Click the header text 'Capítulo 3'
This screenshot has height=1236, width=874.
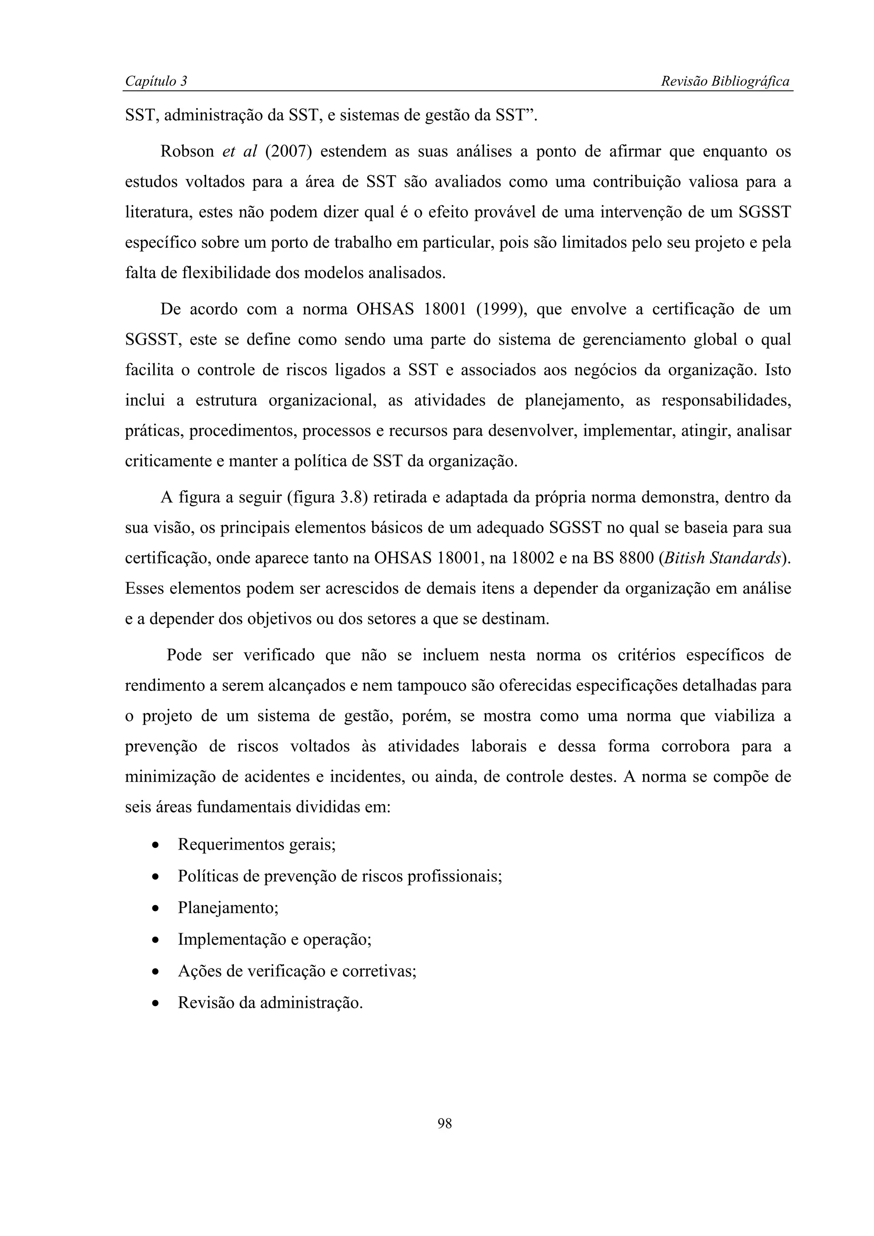156,81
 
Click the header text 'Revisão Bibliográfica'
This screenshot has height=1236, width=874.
725,81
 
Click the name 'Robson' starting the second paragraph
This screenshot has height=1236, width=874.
187,152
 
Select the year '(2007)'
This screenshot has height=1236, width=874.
288,152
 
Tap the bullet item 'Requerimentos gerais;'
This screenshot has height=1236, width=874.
256,844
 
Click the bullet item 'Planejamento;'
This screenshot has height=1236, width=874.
228,908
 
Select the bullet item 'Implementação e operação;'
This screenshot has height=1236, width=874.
275,940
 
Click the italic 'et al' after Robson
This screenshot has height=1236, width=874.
240,152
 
